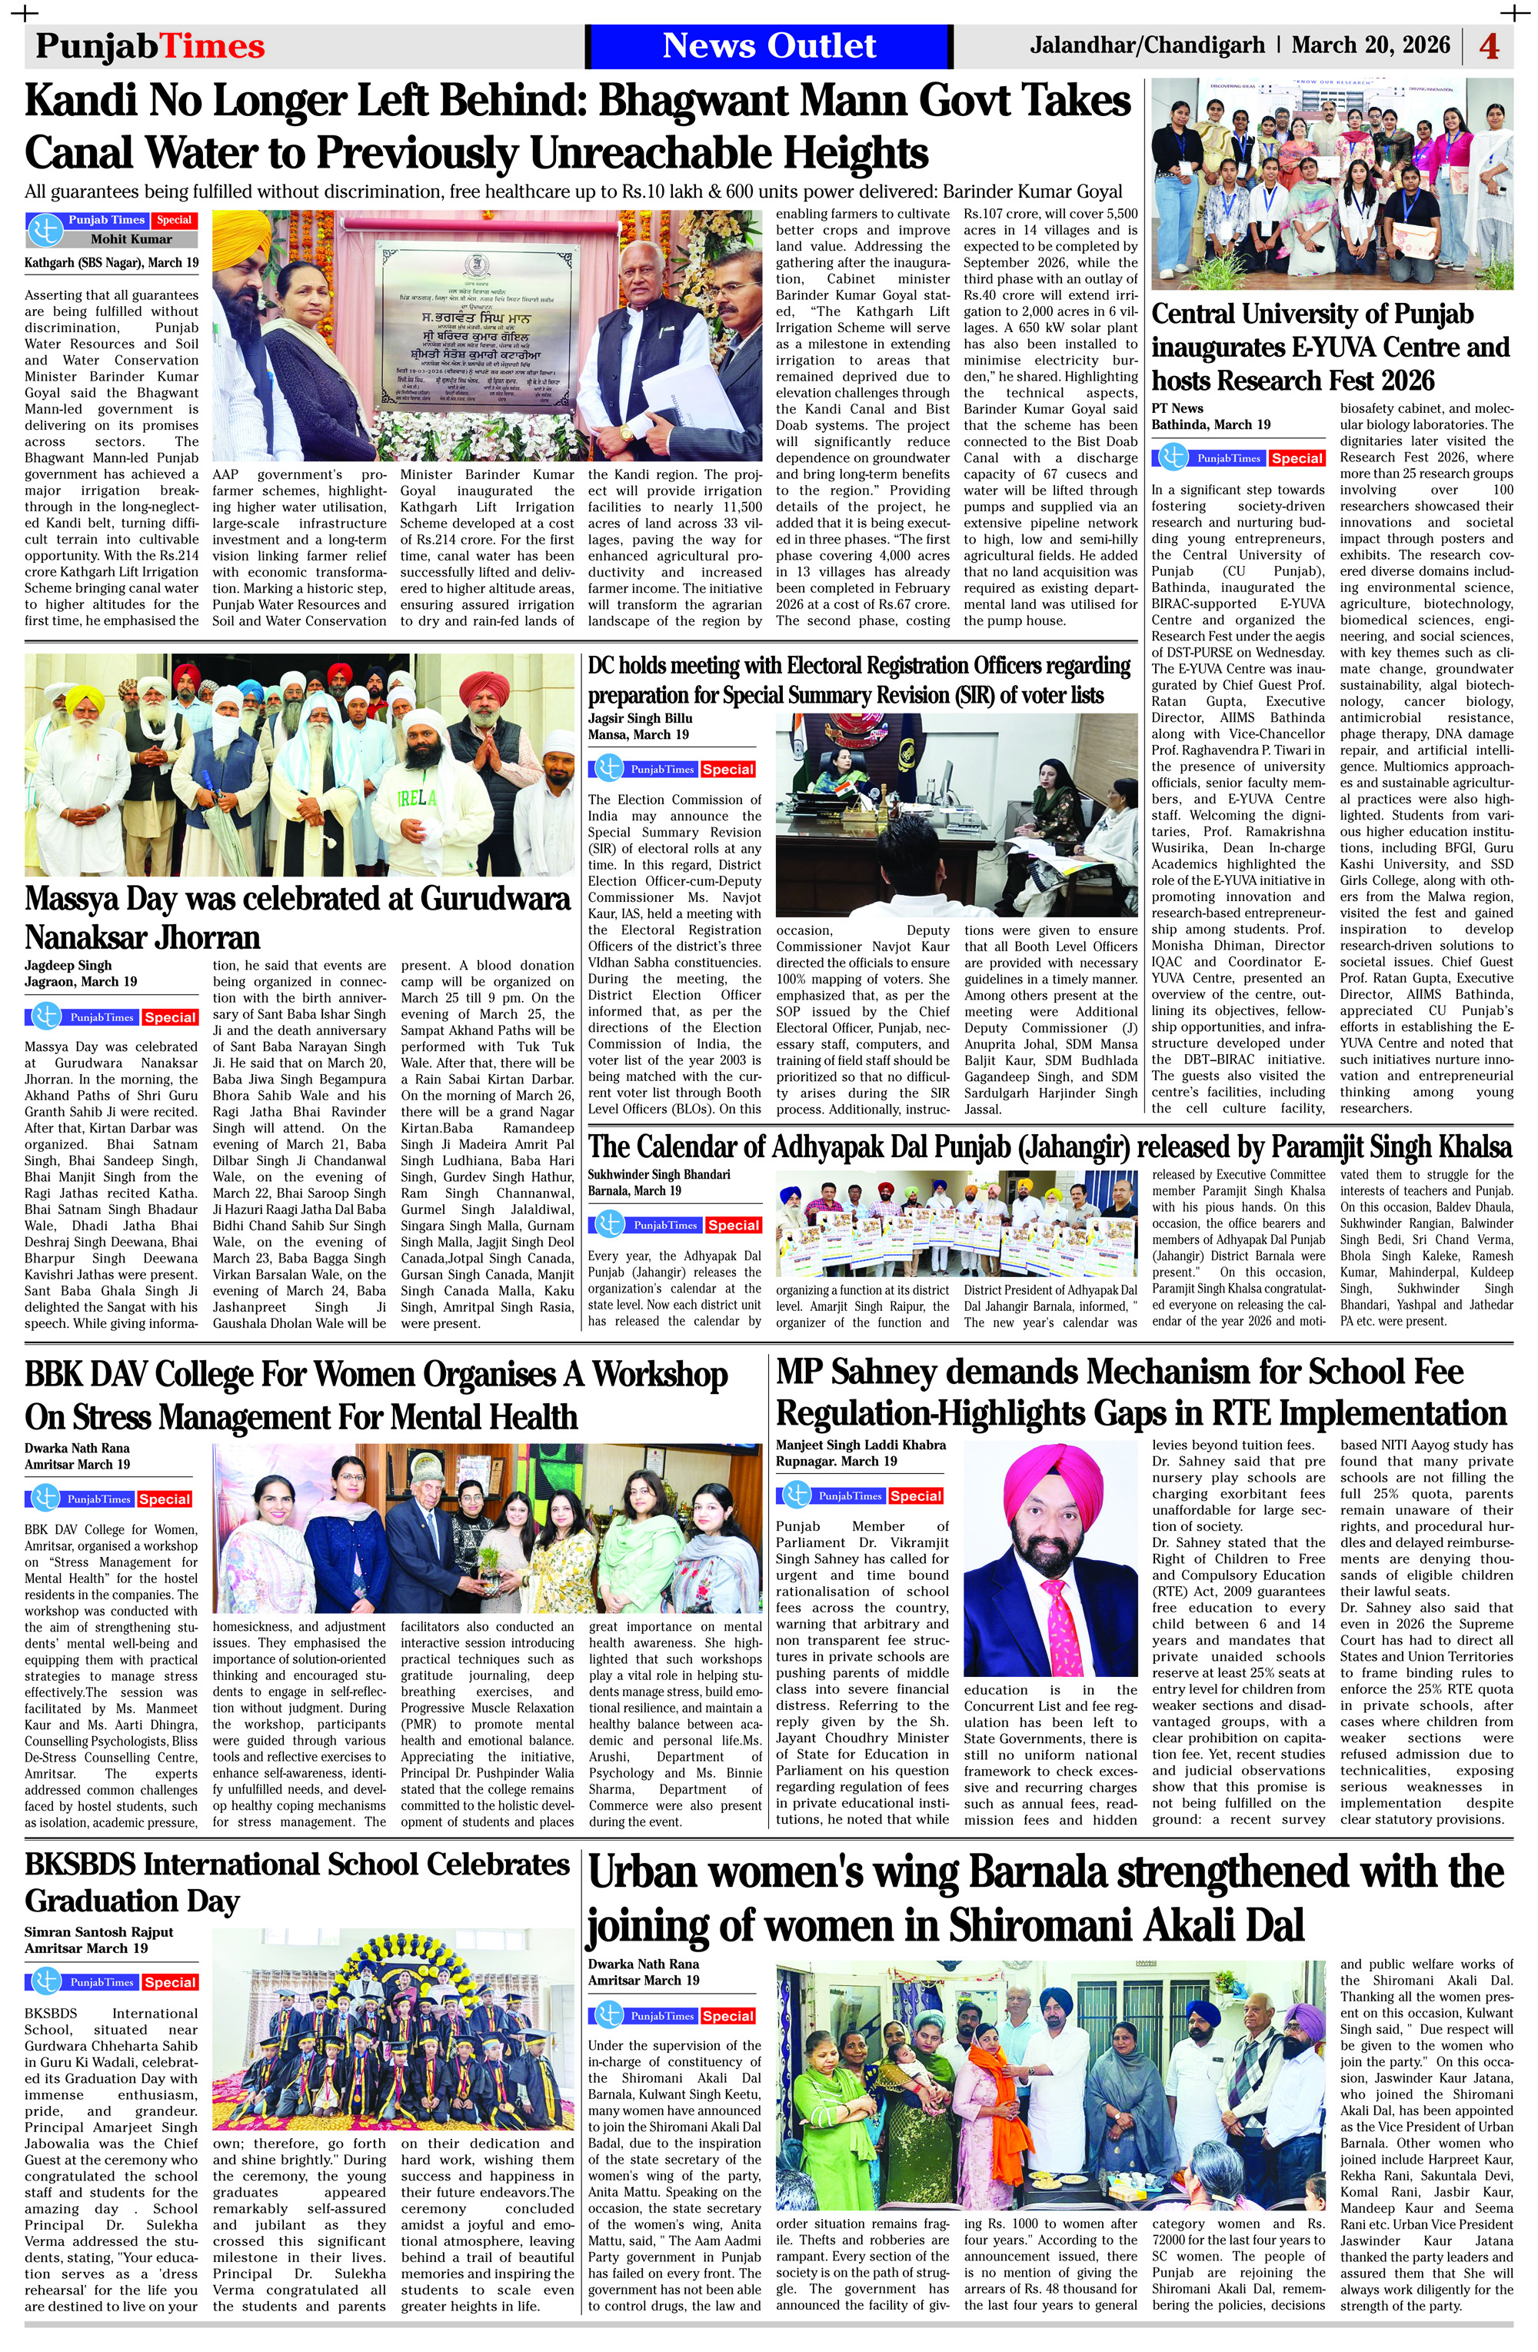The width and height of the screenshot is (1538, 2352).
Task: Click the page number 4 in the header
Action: coord(1490,46)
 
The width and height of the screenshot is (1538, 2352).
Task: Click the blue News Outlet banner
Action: coord(768,45)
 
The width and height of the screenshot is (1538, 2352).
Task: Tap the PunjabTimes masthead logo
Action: coord(150,46)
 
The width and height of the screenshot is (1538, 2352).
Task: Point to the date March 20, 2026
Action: coord(1370,45)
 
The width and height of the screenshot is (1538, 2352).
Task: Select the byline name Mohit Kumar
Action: coord(131,239)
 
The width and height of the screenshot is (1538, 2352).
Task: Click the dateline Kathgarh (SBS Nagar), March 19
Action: coord(111,263)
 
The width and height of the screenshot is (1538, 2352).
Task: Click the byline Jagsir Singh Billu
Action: coord(640,718)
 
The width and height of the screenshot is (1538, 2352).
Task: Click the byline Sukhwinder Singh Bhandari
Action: coord(658,1175)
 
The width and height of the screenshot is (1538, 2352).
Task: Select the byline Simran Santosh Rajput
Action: coord(99,1932)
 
